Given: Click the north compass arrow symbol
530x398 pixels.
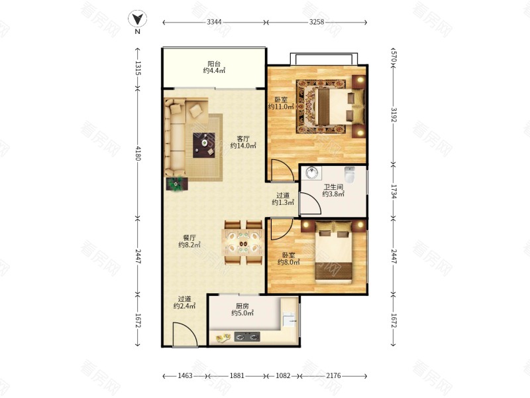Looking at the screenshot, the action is (x=137, y=19).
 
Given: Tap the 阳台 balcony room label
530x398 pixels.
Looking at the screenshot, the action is (x=214, y=64).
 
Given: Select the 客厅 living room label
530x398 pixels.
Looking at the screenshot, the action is (x=243, y=139).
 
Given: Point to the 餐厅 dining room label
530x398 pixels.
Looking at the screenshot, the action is (x=189, y=238).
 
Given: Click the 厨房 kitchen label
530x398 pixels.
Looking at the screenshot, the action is (x=242, y=306).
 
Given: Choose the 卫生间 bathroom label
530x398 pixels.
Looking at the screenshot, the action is (x=334, y=186).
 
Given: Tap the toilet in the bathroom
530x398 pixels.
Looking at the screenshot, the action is (x=350, y=174).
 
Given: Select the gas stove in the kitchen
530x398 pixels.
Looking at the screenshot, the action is (x=247, y=337).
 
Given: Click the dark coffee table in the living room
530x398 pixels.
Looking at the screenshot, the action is (x=204, y=145).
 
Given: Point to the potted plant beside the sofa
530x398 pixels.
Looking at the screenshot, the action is (x=176, y=184).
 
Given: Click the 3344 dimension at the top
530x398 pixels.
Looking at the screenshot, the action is (x=214, y=22).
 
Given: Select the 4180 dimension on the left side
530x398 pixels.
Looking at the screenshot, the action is (x=138, y=153).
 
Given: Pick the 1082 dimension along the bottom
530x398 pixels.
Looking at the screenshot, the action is (x=284, y=375).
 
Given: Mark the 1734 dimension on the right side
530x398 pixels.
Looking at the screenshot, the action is (x=394, y=192).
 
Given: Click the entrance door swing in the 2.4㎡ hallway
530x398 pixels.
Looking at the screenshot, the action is (x=185, y=334).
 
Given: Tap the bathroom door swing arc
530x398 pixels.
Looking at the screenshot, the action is (x=310, y=203).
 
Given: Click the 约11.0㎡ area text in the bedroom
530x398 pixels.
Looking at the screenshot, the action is (x=280, y=107).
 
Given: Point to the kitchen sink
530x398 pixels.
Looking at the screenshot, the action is (x=290, y=319).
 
